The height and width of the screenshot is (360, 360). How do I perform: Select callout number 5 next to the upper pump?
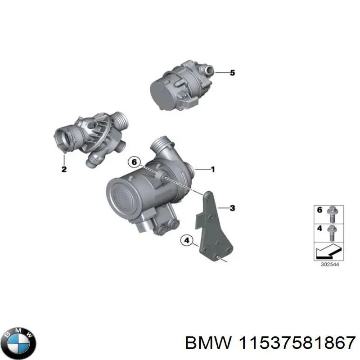tap(232, 72)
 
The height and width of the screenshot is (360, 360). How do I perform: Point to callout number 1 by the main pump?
tap(213, 170)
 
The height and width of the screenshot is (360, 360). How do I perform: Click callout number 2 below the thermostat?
tap(64, 170)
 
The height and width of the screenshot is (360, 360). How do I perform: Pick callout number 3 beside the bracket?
tap(232, 208)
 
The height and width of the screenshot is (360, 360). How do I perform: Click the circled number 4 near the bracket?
tap(185, 241)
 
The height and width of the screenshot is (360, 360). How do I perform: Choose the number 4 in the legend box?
tap(320, 229)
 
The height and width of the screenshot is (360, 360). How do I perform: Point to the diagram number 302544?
tap(328, 265)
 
